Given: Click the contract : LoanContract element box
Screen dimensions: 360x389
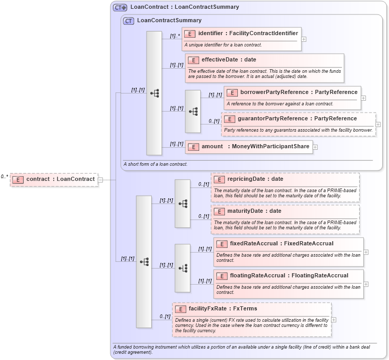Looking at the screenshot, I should tap(54, 179).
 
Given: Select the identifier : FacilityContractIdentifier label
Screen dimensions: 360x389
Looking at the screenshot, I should tap(248, 34).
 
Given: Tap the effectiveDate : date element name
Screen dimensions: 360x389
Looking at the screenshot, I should tap(229, 60).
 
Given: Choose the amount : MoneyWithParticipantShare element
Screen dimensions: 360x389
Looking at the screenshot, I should tap(256, 147).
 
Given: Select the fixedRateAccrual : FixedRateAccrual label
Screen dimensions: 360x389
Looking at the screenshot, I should tap(281, 244).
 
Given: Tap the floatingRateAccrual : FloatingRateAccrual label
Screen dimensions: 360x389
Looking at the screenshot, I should tap(288, 276).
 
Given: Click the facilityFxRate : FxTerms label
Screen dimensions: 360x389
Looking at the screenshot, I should tap(222, 309).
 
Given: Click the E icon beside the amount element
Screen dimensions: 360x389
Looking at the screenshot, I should tap(192, 147).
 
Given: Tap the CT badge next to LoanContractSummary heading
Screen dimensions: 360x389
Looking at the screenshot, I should tap(128, 21).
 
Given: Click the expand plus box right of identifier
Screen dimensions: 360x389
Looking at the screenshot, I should tap(304, 39).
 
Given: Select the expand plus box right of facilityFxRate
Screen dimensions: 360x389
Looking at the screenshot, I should tap(334, 320).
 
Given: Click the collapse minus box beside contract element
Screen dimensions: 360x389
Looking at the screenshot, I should tap(100, 180).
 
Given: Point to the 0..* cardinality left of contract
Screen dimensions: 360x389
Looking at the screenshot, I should tap(5, 177).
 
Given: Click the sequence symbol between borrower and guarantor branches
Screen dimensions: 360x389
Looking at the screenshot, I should tap(193, 111).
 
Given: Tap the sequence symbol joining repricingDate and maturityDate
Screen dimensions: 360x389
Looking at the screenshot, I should tap(183, 204).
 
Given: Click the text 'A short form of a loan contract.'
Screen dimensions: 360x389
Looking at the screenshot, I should tap(155, 164).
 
